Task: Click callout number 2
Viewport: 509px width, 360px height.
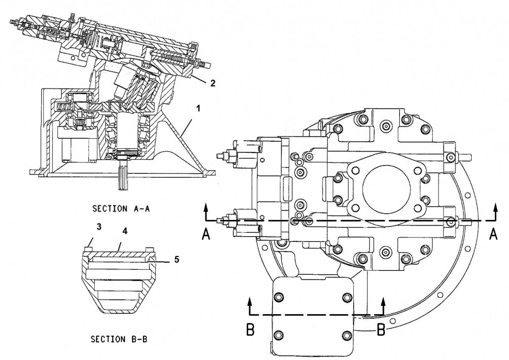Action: (x=213, y=83)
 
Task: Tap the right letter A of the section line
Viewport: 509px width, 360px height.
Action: (x=493, y=234)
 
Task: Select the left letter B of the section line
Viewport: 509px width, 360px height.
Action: (x=250, y=330)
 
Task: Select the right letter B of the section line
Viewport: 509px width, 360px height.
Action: (x=381, y=329)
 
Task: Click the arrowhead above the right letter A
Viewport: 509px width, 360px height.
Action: (x=495, y=206)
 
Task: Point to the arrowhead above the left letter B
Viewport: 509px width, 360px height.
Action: (x=250, y=301)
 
